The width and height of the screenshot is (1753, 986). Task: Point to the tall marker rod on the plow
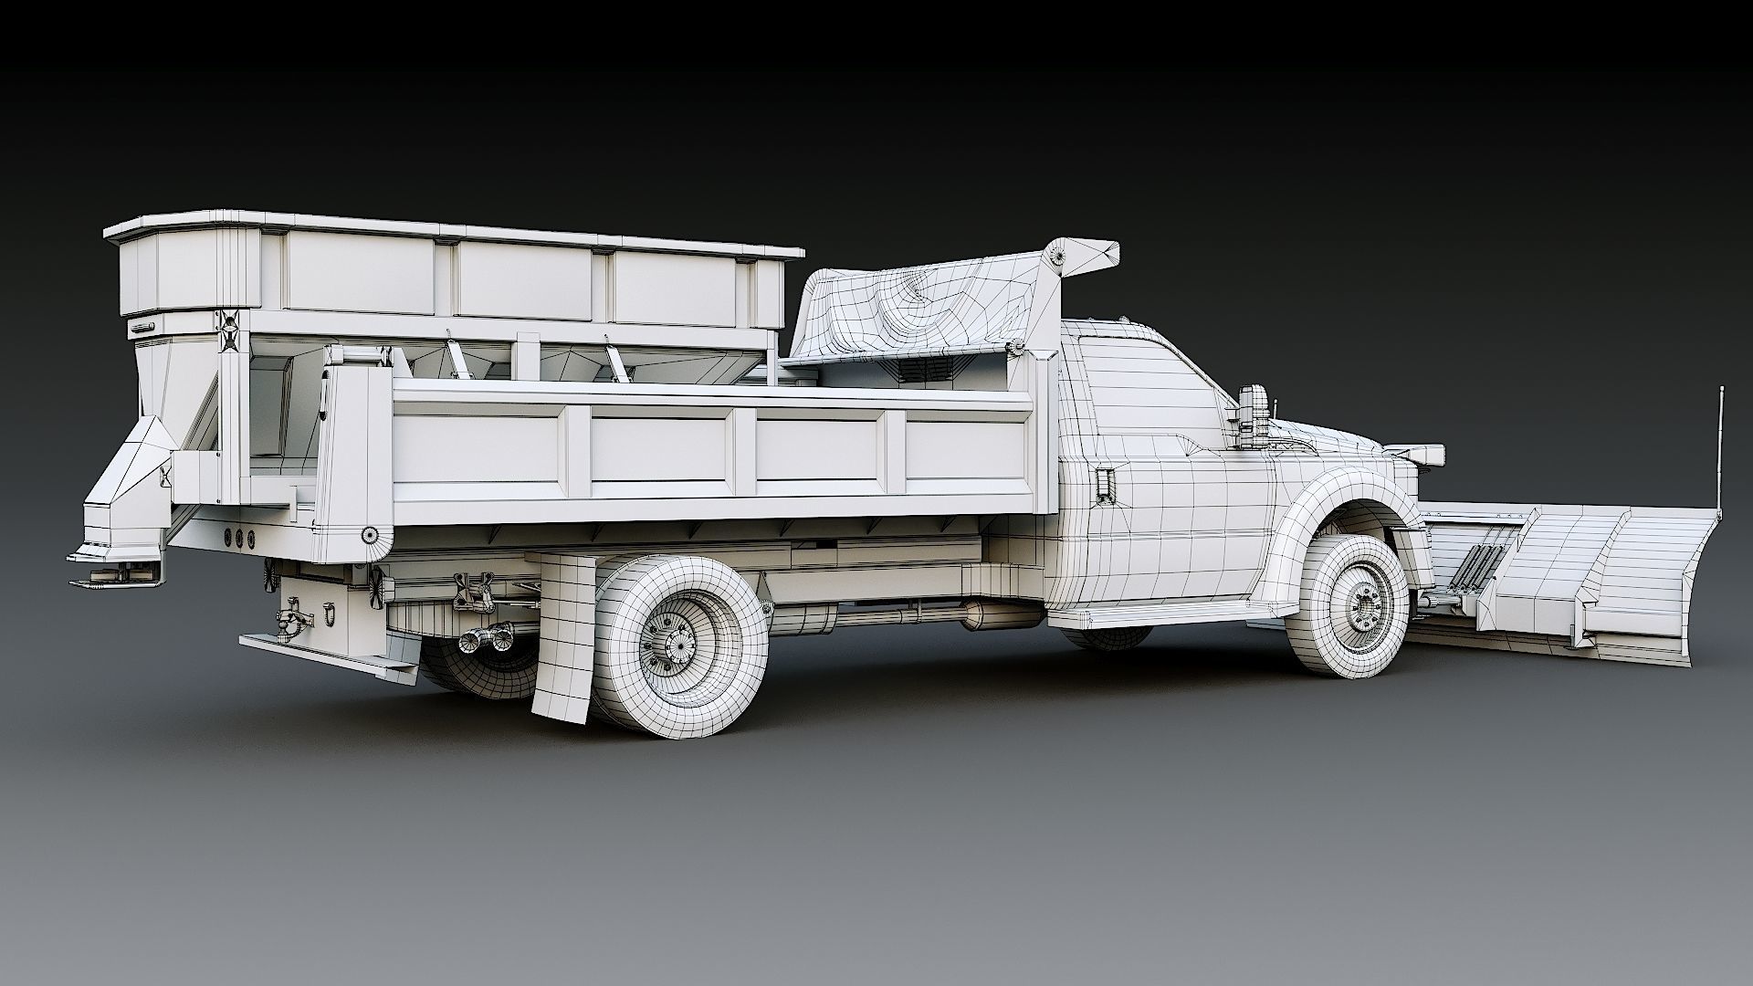[1720, 447]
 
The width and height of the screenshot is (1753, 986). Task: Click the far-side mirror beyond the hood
[1421, 453]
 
